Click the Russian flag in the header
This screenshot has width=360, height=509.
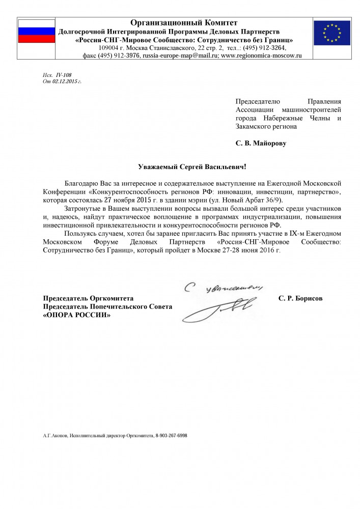tap(36, 31)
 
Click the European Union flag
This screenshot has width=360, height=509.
tap(331, 33)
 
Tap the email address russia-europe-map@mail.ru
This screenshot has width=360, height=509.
tap(180, 55)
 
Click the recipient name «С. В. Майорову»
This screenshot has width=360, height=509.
tap(261, 144)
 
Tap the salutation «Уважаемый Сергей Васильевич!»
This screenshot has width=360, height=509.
tap(193, 166)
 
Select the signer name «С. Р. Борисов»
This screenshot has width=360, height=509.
tap(300, 298)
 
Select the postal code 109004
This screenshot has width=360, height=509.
tap(108, 48)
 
